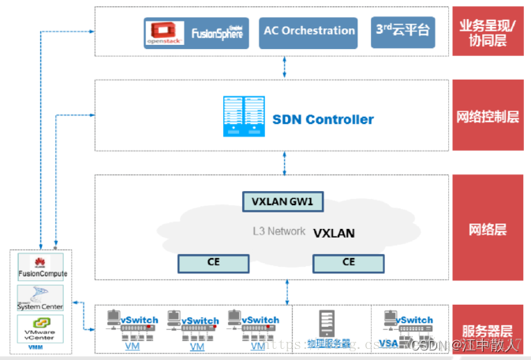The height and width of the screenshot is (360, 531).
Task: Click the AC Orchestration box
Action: (308, 32)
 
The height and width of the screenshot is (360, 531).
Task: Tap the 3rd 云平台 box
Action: (402, 32)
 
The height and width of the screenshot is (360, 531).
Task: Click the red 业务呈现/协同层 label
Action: (487, 32)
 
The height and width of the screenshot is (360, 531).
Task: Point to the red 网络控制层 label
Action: (487, 118)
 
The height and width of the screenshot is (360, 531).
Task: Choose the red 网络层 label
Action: (487, 230)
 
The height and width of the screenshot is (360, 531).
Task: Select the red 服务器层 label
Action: (487, 331)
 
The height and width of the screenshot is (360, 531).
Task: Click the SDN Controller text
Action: (323, 120)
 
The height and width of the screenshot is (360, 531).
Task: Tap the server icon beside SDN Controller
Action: (242, 117)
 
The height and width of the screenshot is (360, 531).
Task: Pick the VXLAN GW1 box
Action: (282, 201)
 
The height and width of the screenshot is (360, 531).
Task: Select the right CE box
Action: (348, 261)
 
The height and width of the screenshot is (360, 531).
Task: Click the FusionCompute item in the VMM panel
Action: (43, 267)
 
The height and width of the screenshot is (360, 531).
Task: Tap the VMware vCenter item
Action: (43, 328)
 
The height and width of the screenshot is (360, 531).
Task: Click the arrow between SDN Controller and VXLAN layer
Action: (285, 163)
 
